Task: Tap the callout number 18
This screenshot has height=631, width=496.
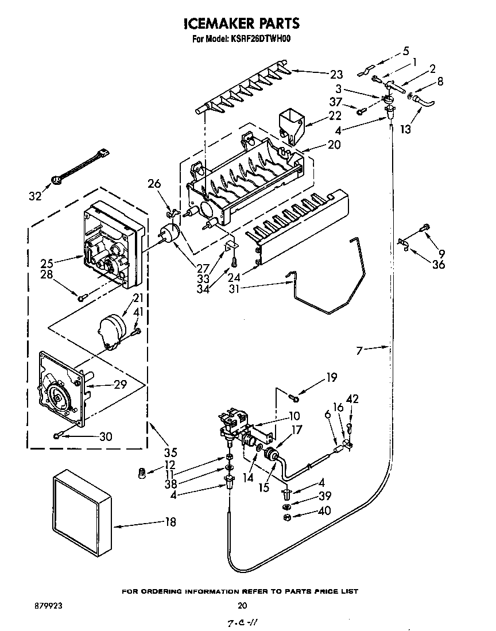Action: [170, 522]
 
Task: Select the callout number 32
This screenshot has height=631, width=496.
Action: [35, 196]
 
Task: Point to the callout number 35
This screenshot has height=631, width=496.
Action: [171, 451]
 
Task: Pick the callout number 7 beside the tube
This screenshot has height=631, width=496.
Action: [360, 350]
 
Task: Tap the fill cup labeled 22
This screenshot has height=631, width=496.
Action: [290, 126]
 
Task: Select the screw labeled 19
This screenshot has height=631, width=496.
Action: [294, 394]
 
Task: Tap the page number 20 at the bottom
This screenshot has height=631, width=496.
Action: [242, 605]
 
